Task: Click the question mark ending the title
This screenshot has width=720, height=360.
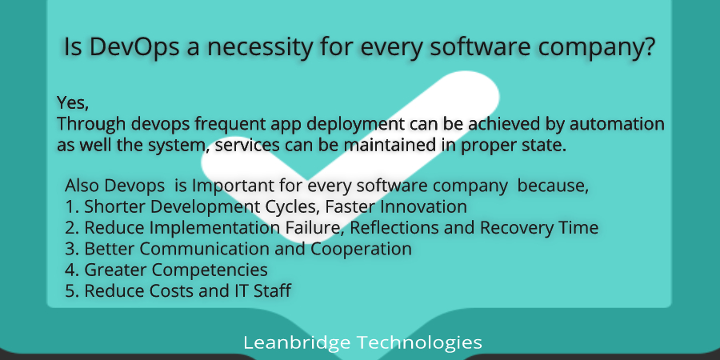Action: tap(648, 46)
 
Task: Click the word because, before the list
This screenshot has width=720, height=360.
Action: tap(553, 186)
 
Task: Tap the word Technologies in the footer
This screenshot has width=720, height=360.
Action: tap(420, 343)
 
